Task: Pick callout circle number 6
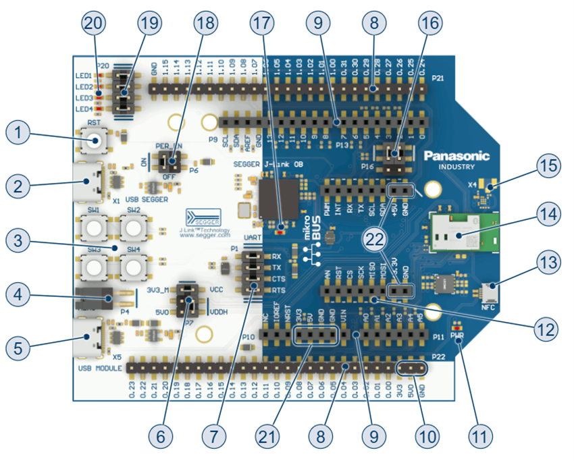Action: click(x=161, y=435)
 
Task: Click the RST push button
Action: click(x=93, y=141)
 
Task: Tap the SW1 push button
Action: click(x=93, y=229)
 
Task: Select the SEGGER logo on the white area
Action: click(x=202, y=215)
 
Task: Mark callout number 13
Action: click(x=549, y=261)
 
